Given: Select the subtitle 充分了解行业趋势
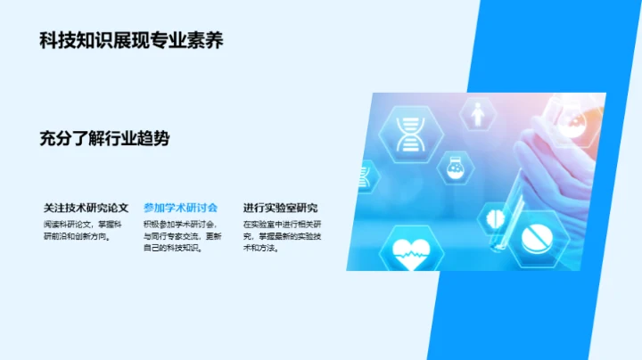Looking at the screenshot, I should click(104, 138).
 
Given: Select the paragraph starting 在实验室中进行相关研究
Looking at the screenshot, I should click(285, 236).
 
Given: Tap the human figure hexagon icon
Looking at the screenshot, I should click(478, 114).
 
